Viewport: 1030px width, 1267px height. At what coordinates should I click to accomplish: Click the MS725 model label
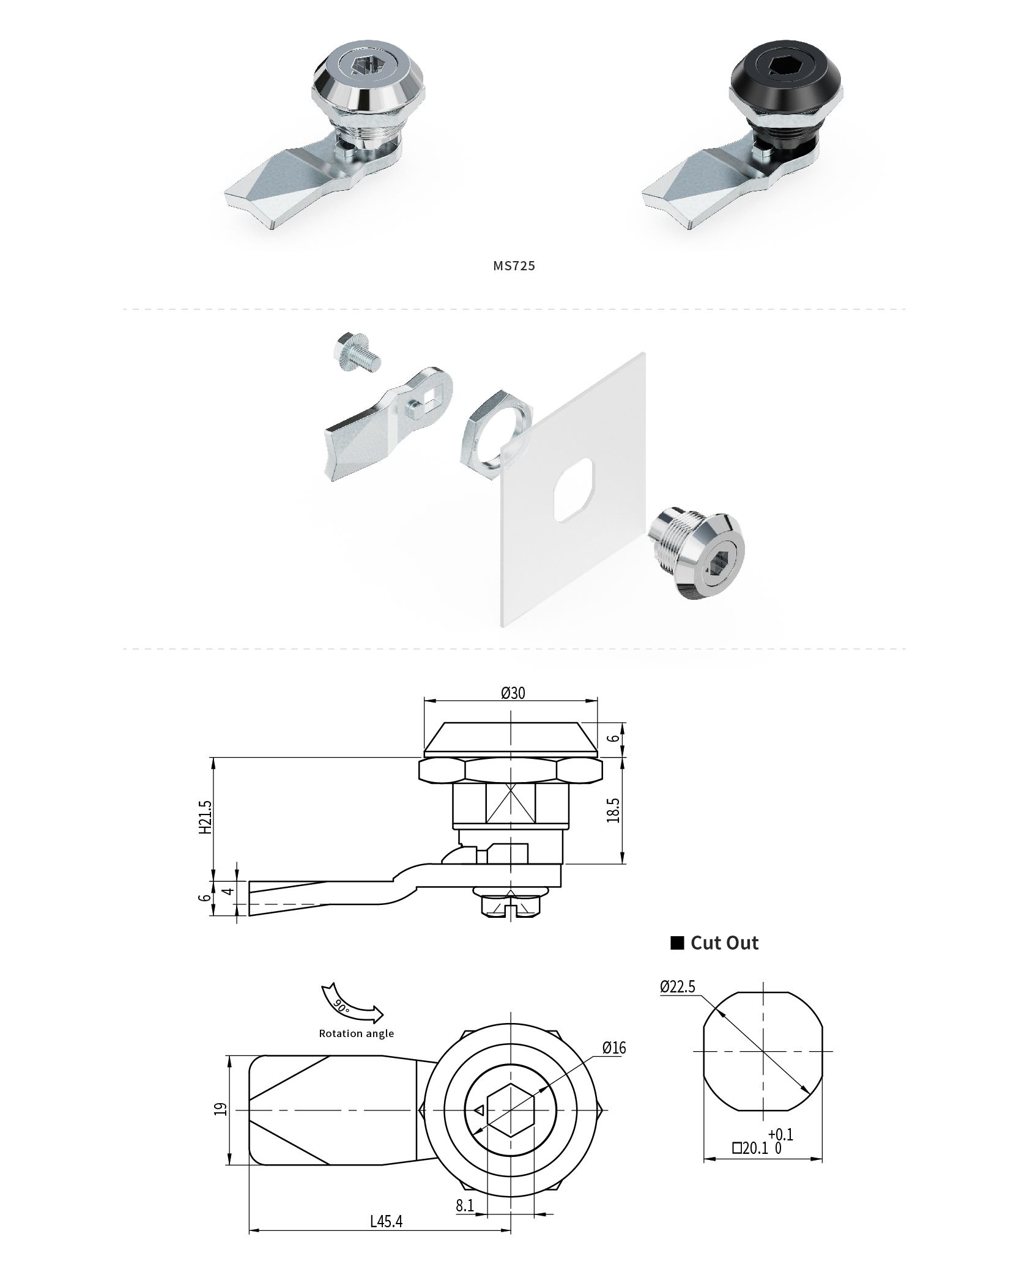pyautogui.click(x=514, y=265)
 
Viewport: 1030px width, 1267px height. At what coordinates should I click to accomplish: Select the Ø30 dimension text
pyautogui.click(x=513, y=692)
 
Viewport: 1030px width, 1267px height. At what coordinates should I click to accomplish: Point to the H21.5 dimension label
pyautogui.click(x=206, y=817)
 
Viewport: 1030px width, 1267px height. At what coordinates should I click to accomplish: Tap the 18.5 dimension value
pyautogui.click(x=614, y=810)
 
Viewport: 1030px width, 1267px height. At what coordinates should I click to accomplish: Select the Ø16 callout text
pyautogui.click(x=613, y=1048)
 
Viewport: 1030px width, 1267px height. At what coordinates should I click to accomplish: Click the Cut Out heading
pyautogui.click(x=724, y=943)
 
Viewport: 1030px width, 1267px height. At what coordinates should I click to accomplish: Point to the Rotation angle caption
pyautogui.click(x=356, y=1033)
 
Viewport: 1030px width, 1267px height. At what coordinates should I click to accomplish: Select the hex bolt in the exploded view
pyautogui.click(x=357, y=355)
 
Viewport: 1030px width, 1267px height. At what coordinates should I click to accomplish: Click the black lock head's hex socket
pyautogui.click(x=784, y=68)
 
